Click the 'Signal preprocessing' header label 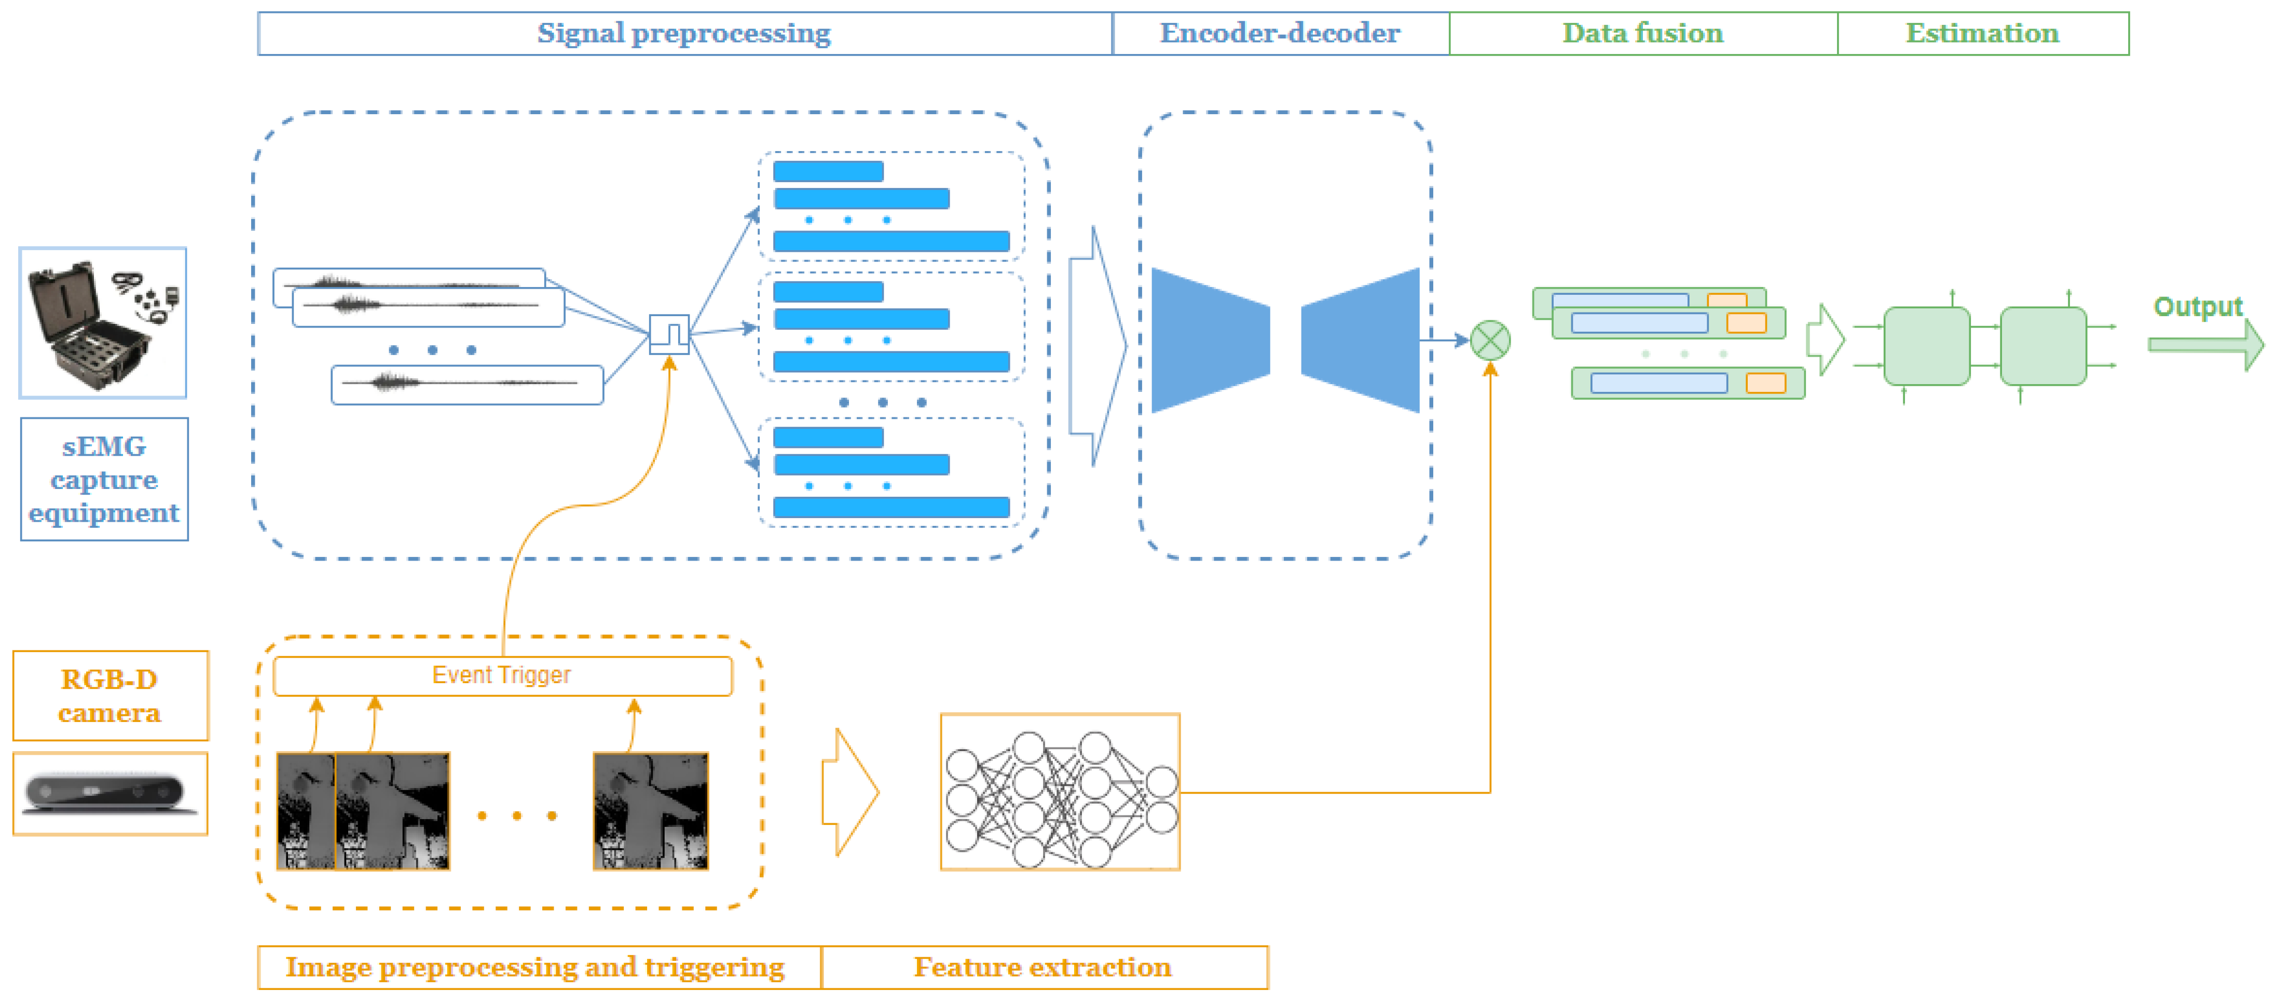point(684,34)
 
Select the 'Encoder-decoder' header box point(1279,34)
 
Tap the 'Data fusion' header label point(1642,34)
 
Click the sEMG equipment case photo point(103,323)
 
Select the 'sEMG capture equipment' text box point(104,479)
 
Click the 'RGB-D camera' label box point(109,696)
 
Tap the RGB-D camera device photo point(109,793)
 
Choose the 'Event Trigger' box point(502,675)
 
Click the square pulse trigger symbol point(669,334)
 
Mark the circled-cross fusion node point(1490,341)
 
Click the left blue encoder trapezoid point(1210,341)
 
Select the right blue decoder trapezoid point(1361,341)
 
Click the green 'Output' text point(2197,307)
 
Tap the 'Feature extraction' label point(1043,967)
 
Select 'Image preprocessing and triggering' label point(534,967)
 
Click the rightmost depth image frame point(650,811)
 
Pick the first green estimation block point(1926,346)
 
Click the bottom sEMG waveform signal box point(467,385)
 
